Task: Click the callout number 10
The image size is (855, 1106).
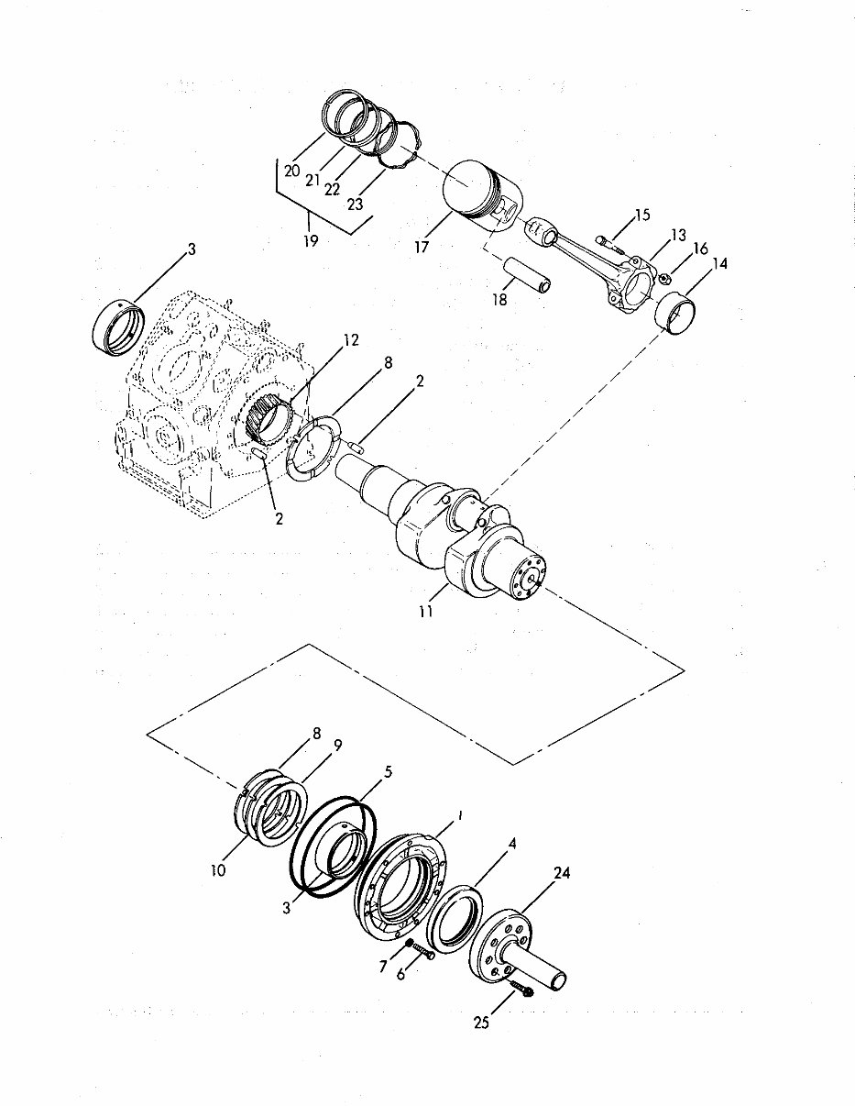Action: pos(217,869)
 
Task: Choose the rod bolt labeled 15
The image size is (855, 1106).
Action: pos(608,242)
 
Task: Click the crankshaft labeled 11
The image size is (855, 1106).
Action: pos(458,532)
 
